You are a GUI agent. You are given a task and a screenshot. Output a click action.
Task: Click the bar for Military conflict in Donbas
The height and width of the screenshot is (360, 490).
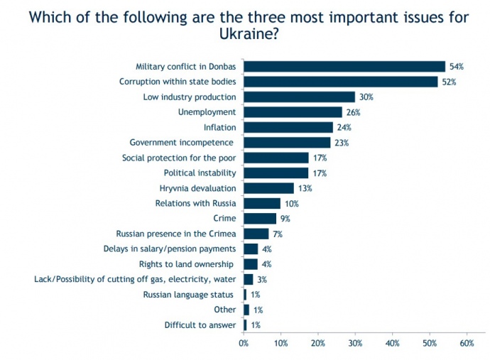click(344, 67)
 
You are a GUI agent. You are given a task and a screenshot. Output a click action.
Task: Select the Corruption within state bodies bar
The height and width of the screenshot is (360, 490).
click(340, 82)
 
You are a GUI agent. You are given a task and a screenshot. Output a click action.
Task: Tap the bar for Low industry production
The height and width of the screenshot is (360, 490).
click(299, 97)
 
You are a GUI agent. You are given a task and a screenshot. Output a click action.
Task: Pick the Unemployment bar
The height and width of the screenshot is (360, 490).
click(292, 112)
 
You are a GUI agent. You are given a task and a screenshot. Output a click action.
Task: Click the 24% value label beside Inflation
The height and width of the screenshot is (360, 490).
click(343, 128)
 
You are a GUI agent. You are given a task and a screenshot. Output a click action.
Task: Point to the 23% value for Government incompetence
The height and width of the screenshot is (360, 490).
click(342, 143)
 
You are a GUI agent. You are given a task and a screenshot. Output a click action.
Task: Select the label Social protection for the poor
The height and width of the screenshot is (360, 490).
click(179, 158)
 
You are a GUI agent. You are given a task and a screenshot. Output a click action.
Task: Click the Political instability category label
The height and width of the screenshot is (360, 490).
click(200, 173)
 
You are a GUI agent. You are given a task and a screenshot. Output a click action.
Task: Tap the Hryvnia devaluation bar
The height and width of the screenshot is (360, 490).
click(268, 188)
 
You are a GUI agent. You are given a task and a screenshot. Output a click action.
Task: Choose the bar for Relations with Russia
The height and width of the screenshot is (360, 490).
click(262, 203)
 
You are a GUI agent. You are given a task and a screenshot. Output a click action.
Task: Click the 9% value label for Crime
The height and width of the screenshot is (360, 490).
click(285, 219)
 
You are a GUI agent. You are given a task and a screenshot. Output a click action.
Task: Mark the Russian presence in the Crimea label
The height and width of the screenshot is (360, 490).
click(176, 234)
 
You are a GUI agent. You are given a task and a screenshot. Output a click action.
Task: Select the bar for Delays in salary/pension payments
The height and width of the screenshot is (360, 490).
click(251, 249)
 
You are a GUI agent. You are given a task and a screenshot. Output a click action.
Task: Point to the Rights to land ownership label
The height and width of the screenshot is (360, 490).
click(194, 264)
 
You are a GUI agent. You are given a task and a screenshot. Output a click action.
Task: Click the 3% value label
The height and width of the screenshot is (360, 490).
click(262, 279)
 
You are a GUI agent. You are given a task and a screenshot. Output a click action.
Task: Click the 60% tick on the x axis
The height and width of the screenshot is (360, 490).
click(467, 343)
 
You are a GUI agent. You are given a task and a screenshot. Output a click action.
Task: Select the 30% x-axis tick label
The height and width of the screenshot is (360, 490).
click(355, 343)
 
